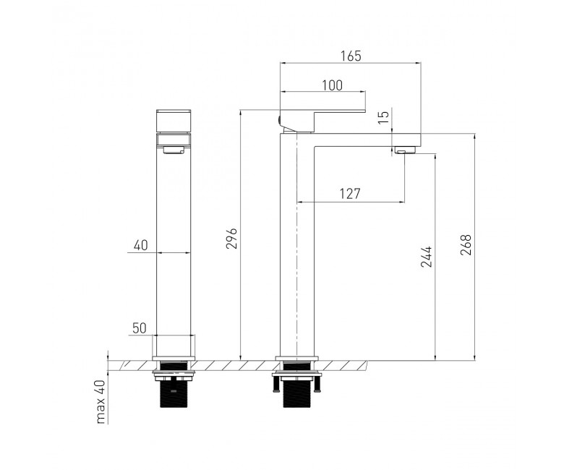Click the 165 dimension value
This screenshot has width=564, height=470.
click(x=351, y=56)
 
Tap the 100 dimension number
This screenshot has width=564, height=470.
click(x=332, y=85)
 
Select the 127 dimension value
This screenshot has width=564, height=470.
click(x=350, y=194)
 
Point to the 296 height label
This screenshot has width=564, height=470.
click(x=232, y=238)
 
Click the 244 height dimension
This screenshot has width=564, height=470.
click(x=427, y=257)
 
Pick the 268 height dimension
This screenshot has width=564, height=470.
click(x=466, y=245)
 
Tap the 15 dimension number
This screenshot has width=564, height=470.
click(x=384, y=117)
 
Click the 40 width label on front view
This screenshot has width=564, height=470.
click(x=141, y=245)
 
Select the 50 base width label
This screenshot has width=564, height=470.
click(x=140, y=328)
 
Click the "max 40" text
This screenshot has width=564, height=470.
click(x=101, y=402)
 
